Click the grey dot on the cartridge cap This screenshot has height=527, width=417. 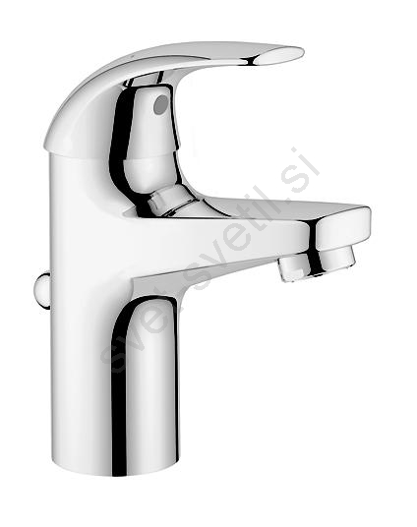161,104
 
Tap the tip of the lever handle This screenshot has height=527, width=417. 304,52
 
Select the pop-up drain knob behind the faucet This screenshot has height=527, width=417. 41,291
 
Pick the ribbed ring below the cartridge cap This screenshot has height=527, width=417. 171,201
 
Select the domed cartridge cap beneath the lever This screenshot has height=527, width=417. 148,135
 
